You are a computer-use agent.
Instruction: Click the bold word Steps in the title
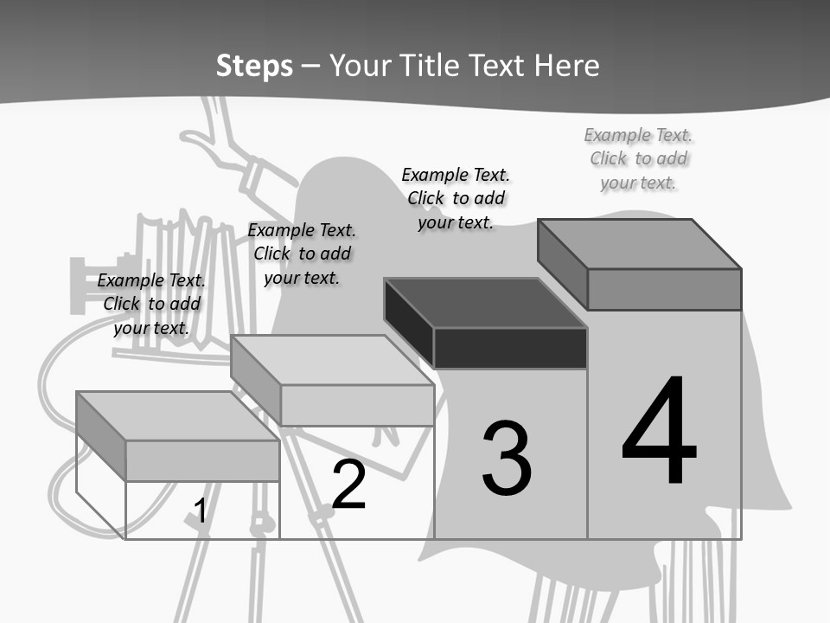pyautogui.click(x=254, y=66)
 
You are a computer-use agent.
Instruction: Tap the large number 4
pyautogui.click(x=659, y=432)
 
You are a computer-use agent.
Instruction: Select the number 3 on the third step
pyautogui.click(x=507, y=459)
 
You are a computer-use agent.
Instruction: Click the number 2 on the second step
pyautogui.click(x=348, y=485)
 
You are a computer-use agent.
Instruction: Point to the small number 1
pyautogui.click(x=200, y=511)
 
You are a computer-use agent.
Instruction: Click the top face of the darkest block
pyautogui.click(x=484, y=303)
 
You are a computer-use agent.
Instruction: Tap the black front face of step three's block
pyautogui.click(x=510, y=349)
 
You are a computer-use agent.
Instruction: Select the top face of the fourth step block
pyautogui.click(x=640, y=243)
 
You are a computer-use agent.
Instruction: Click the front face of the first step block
pyautogui.click(x=202, y=460)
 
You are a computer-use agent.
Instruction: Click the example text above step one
pyautogui.click(x=151, y=304)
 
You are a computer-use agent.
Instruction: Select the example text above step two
pyautogui.click(x=302, y=254)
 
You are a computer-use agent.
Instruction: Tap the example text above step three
pyautogui.click(x=456, y=198)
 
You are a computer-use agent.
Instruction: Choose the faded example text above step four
pyautogui.click(x=638, y=158)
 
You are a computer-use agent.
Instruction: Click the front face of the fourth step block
pyautogui.click(x=664, y=289)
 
